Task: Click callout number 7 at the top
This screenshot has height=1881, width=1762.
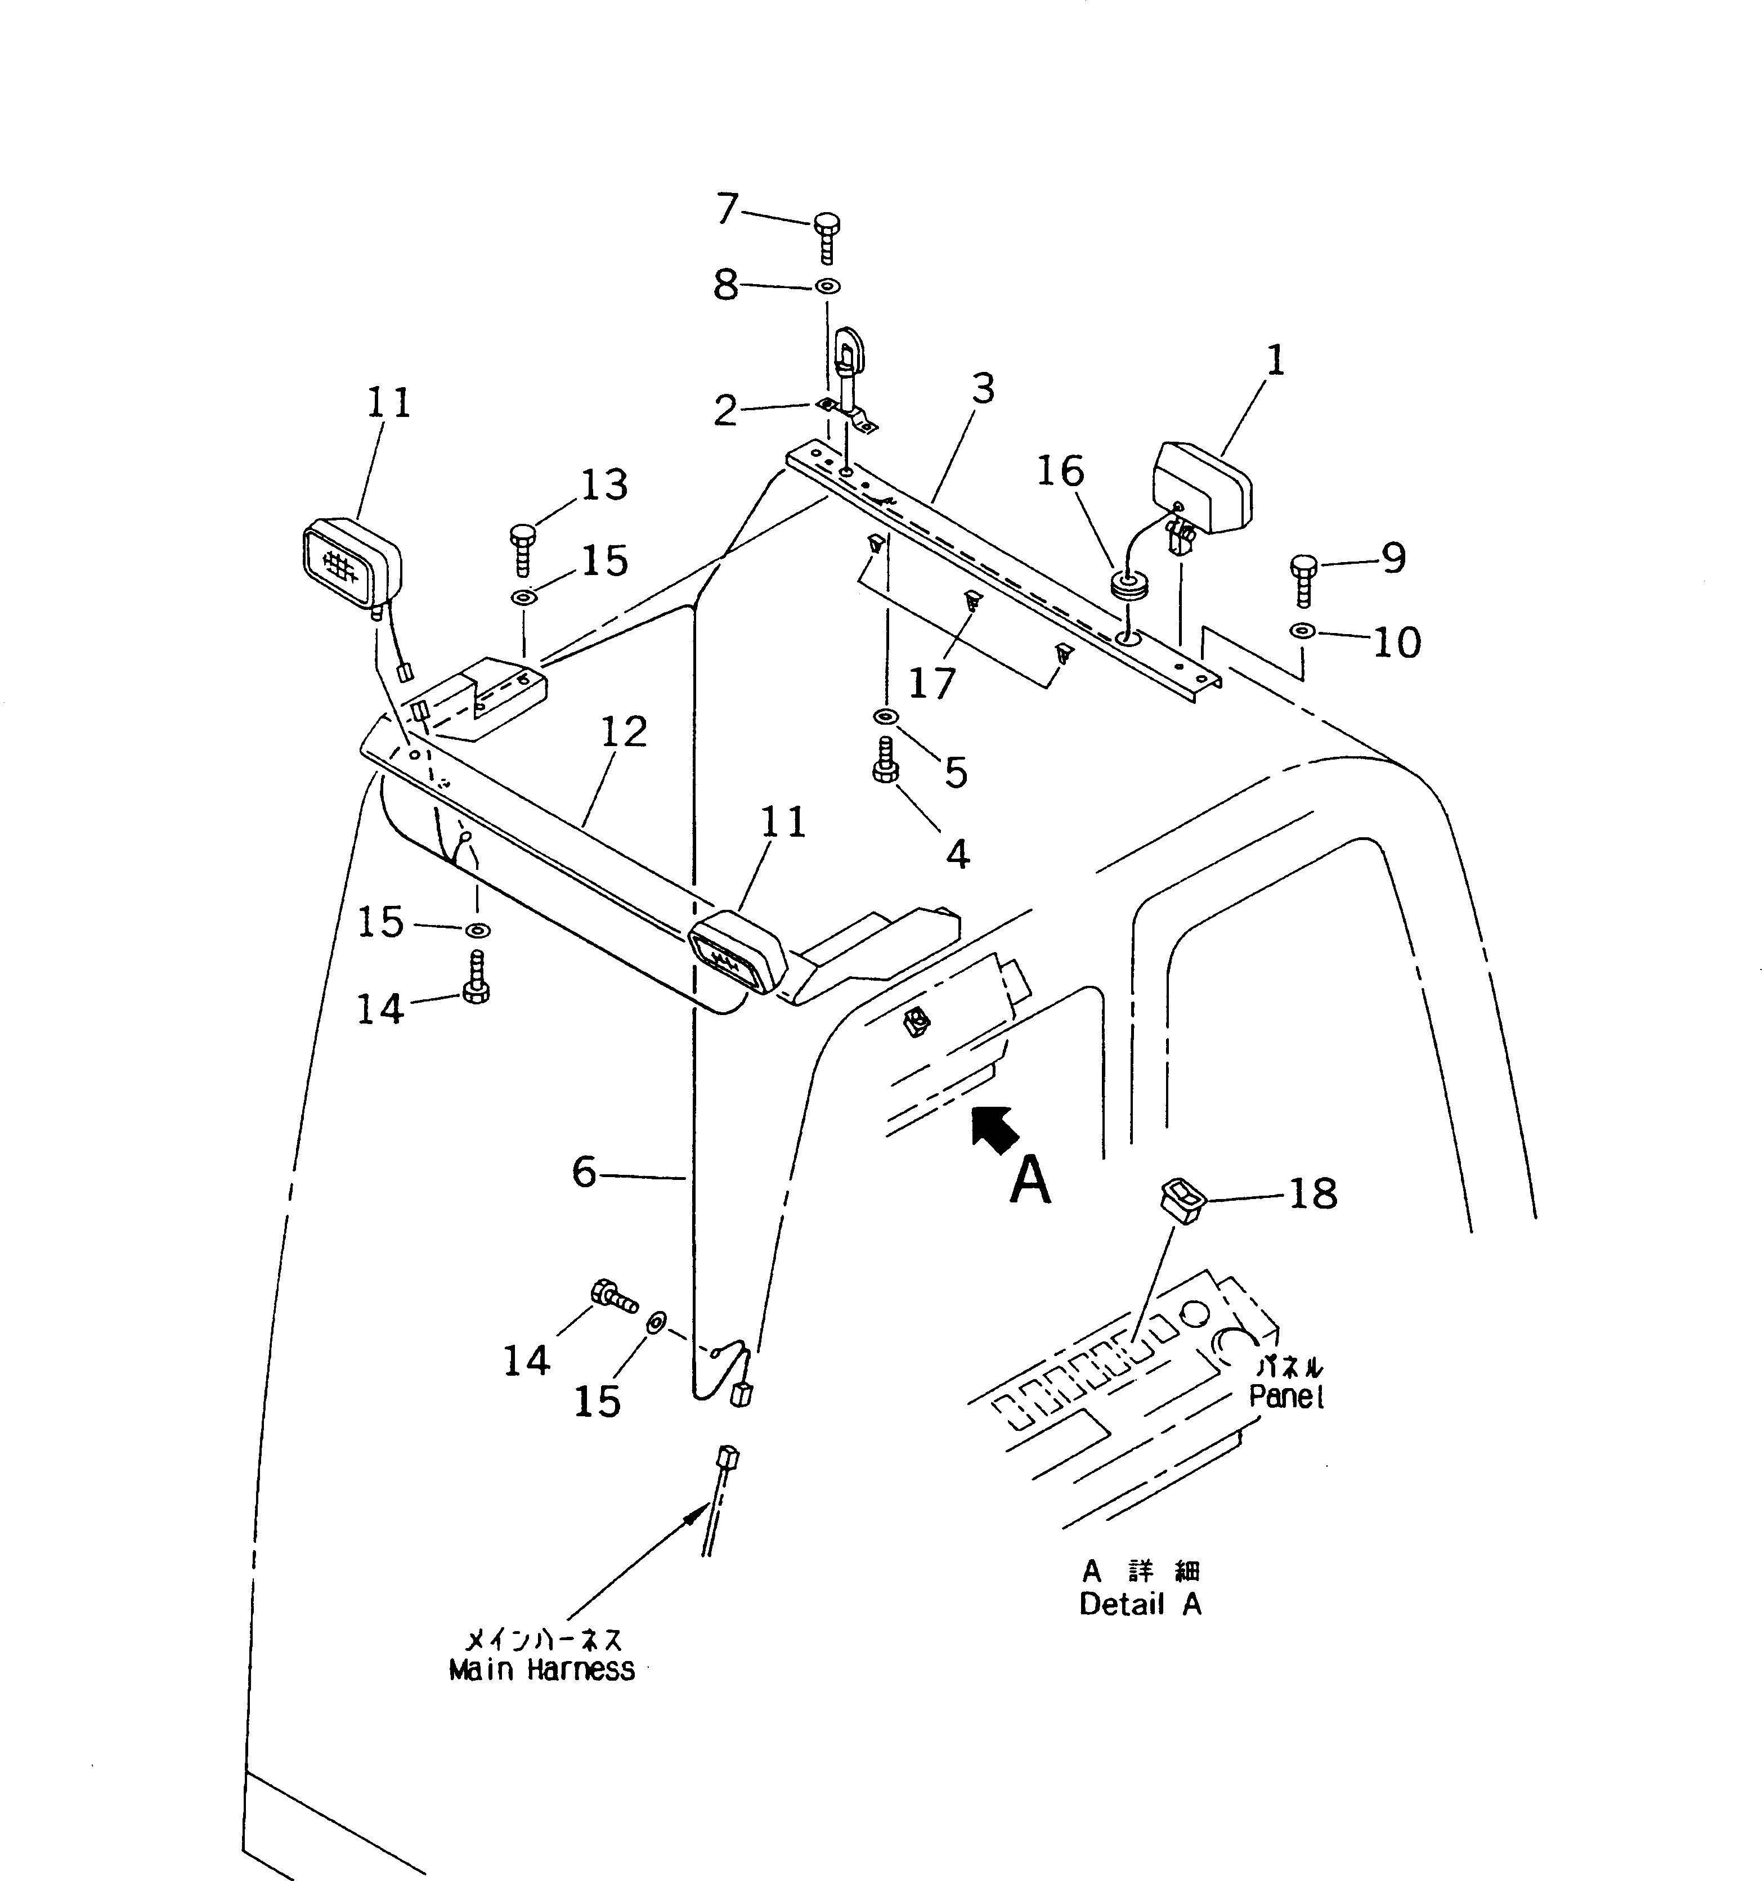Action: (x=726, y=208)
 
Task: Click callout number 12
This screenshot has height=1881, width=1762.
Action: (x=624, y=731)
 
